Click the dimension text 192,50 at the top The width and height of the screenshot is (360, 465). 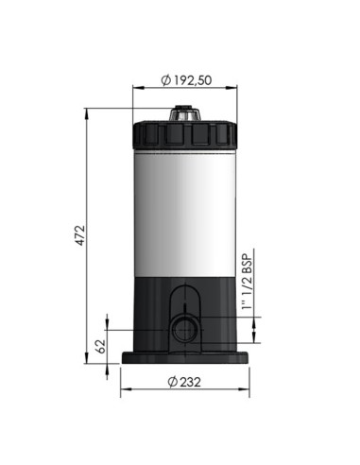tap(189, 80)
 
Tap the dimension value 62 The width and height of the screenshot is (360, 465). tap(102, 345)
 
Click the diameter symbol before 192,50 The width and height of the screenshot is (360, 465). tap(166, 80)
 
